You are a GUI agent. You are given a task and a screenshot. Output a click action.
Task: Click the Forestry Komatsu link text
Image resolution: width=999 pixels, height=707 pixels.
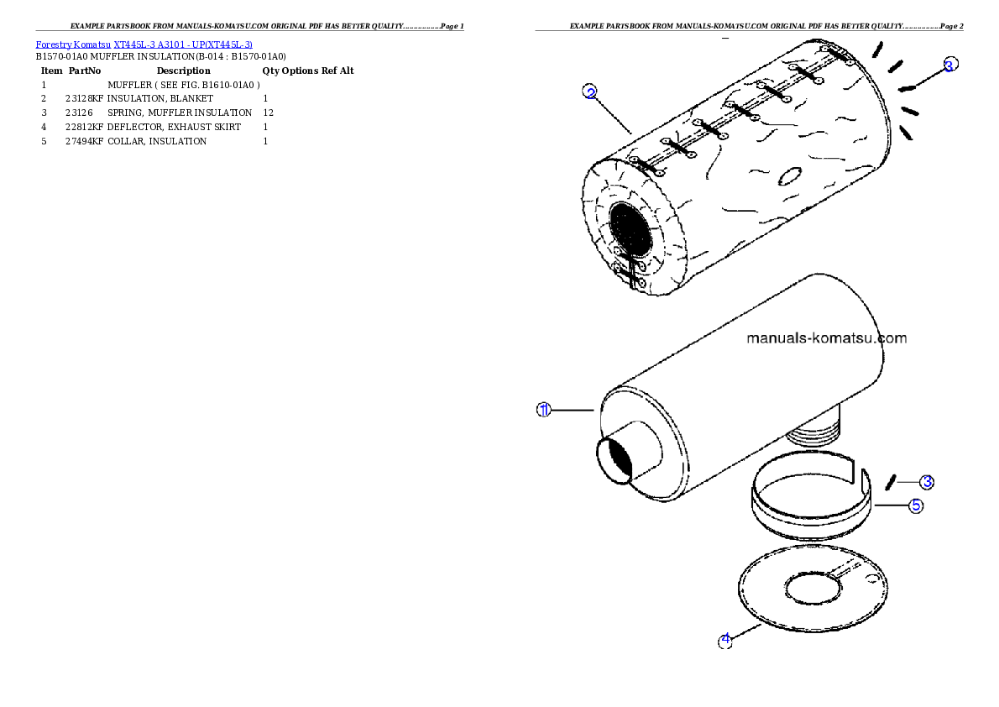[73, 45]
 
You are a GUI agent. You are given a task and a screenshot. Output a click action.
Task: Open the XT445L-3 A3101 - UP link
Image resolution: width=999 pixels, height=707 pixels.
[182, 45]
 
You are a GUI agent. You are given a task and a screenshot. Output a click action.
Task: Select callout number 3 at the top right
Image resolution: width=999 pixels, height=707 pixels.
[949, 65]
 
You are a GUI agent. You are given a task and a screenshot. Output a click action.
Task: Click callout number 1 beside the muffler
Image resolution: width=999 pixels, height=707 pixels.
[544, 410]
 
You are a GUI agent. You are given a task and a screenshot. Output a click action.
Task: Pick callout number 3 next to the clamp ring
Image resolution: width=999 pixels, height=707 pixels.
[926, 482]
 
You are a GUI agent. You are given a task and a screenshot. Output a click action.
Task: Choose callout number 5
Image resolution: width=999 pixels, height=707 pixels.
[916, 505]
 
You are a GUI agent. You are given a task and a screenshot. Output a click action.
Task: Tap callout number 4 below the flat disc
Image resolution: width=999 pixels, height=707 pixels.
[725, 641]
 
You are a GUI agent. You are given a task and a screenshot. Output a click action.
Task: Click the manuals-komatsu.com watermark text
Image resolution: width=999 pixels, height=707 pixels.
[827, 338]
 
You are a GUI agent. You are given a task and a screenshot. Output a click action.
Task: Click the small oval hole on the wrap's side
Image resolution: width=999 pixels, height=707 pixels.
[789, 177]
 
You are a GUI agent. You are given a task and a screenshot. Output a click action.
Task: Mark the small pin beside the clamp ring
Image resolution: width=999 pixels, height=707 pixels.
[892, 481]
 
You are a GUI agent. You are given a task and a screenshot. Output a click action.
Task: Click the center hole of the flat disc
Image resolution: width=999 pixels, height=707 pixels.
[811, 587]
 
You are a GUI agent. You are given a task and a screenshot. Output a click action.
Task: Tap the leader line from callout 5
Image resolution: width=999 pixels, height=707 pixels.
[890, 505]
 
